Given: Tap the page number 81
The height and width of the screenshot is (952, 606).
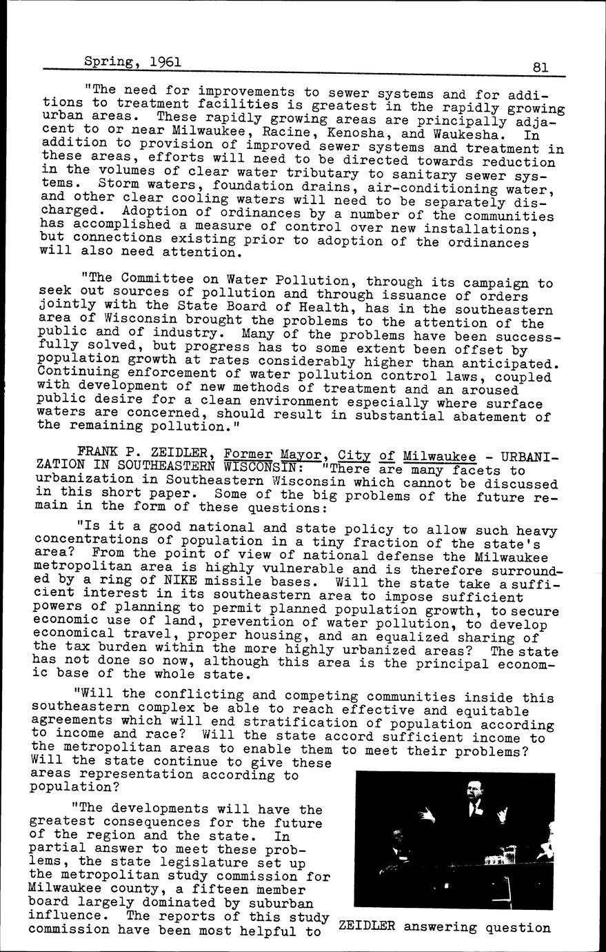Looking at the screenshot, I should [540, 67].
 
